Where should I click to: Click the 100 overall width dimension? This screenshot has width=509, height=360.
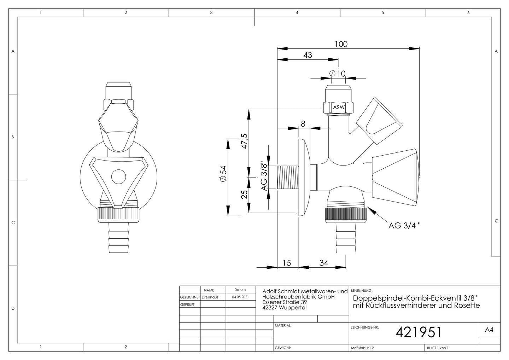(x=341, y=44)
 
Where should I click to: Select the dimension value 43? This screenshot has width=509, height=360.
(x=308, y=55)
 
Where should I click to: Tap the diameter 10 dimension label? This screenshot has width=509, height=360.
(x=338, y=74)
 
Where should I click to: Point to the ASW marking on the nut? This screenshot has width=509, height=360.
(x=339, y=107)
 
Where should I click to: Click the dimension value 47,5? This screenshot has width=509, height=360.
(x=244, y=141)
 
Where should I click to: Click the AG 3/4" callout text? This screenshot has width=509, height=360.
(x=405, y=226)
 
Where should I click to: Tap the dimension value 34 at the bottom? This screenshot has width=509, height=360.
(x=324, y=263)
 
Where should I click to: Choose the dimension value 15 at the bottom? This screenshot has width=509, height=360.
(x=287, y=263)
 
